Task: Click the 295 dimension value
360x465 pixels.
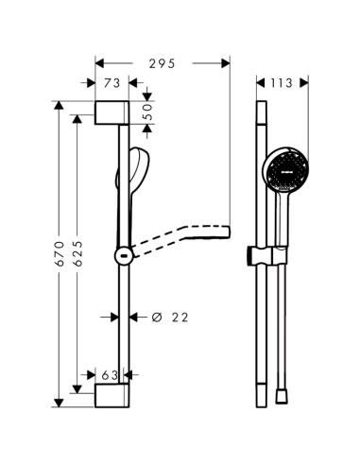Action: click(x=162, y=64)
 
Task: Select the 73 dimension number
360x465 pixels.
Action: click(x=112, y=83)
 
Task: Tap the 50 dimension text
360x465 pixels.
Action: click(x=147, y=112)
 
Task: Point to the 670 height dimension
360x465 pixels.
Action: click(x=59, y=254)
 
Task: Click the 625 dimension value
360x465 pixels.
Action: click(x=77, y=254)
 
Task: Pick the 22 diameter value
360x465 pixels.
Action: click(x=180, y=318)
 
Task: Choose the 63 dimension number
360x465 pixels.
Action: click(x=110, y=375)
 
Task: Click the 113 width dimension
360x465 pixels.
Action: click(x=282, y=83)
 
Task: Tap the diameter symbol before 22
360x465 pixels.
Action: click(x=157, y=318)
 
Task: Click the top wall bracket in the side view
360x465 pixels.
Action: click(x=111, y=112)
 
